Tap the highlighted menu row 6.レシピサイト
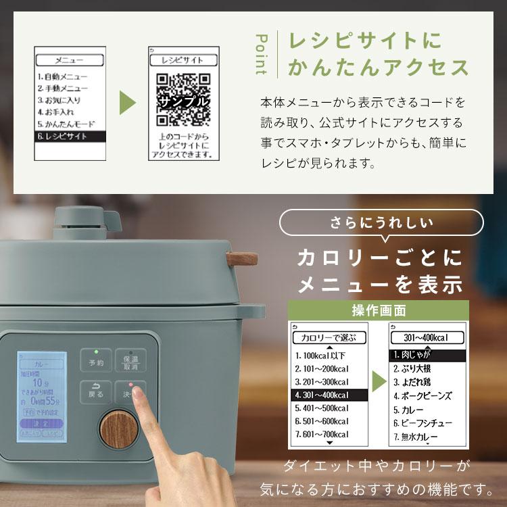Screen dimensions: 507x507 pos(71,136)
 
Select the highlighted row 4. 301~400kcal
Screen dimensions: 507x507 pos(329,395)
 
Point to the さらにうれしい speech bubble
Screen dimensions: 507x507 pos(382,222)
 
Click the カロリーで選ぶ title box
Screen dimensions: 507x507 pos(329,337)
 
